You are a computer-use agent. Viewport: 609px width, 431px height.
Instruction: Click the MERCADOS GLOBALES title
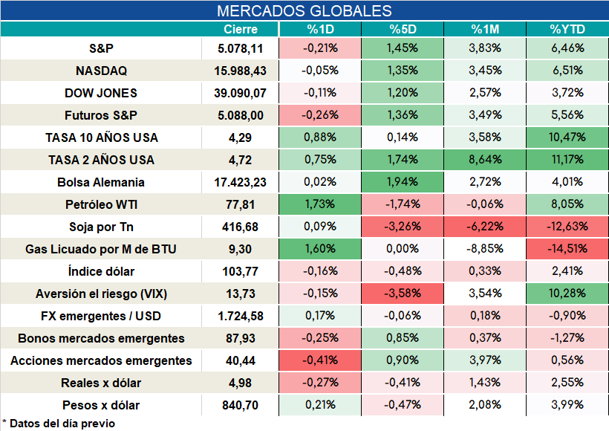tap(304, 11)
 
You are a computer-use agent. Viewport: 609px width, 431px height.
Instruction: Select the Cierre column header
tap(241, 29)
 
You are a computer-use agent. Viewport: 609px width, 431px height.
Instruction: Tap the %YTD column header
tap(567, 29)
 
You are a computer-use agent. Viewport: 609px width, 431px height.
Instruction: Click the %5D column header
tap(403, 29)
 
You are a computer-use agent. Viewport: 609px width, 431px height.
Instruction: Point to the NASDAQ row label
tap(101, 71)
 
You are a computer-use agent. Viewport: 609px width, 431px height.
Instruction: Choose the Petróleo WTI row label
tap(101, 204)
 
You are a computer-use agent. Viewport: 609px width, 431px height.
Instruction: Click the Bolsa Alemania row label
tap(101, 182)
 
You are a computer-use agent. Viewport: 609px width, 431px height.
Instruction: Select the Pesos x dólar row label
tap(101, 405)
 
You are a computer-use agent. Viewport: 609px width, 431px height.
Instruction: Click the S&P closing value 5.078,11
tap(241, 48)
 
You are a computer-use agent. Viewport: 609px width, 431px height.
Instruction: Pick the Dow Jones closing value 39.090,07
tap(241, 94)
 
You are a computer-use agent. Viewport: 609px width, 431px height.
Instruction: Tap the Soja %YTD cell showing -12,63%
tap(567, 226)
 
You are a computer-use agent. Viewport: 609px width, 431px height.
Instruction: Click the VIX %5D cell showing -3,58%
tap(403, 293)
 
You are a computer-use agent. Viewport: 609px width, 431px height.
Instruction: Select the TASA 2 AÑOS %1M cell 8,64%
tap(485, 159)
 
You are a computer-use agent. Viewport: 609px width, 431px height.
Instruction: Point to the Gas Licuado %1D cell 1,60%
tap(320, 248)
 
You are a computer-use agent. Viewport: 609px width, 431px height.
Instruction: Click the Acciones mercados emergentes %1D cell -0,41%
tap(320, 360)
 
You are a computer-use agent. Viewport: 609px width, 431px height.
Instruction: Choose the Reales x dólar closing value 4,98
tap(241, 383)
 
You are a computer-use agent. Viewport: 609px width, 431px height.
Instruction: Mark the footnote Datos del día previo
tap(59, 424)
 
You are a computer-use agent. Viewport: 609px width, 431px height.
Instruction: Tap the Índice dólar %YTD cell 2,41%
tap(567, 271)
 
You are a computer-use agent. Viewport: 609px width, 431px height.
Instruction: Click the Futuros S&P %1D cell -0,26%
tap(320, 115)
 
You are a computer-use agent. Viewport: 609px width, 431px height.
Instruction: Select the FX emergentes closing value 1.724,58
tap(241, 317)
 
